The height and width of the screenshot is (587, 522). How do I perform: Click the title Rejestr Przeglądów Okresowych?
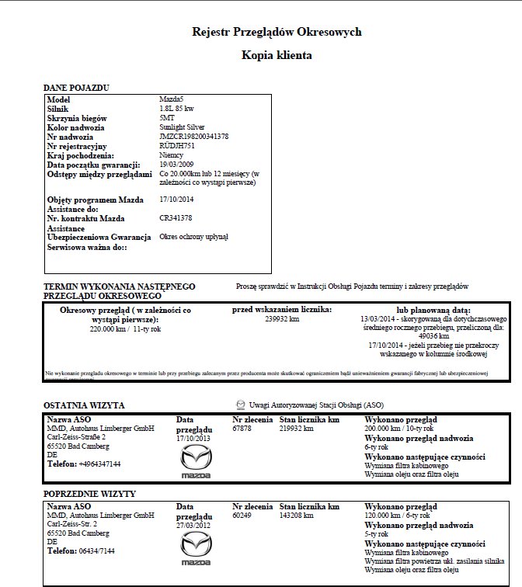277,32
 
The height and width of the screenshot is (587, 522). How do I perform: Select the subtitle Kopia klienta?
277,57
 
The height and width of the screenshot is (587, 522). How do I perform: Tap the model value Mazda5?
172,100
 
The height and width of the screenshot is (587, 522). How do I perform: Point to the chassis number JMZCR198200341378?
193,136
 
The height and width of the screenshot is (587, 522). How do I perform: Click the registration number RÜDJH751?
177,145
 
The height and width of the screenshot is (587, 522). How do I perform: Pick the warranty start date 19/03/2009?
177,164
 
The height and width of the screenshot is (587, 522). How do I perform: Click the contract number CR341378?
176,218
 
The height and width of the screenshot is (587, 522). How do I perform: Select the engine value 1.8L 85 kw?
176,109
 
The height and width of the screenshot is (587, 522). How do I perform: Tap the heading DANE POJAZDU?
75,87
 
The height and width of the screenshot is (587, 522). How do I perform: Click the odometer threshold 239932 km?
282,318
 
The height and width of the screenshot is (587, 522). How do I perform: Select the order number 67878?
242,429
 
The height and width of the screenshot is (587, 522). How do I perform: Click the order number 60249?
242,515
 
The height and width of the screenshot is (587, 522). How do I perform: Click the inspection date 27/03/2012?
194,524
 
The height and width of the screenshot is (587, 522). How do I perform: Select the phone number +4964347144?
99,464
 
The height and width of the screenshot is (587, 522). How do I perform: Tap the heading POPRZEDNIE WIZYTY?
91,494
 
